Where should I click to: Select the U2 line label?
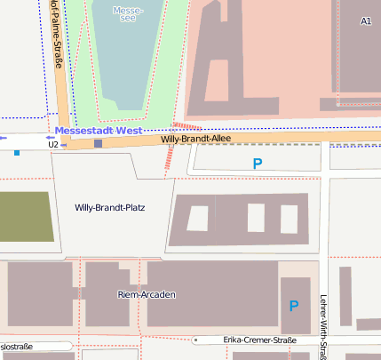(x=53, y=143)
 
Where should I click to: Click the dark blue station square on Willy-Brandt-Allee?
(x=98, y=143)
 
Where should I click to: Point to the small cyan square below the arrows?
(x=16, y=153)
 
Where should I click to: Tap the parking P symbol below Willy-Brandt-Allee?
(x=258, y=163)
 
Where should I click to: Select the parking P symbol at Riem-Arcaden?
(x=293, y=306)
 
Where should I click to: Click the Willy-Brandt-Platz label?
(x=109, y=207)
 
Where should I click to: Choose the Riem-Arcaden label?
(x=147, y=293)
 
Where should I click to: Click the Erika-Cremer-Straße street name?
(x=259, y=340)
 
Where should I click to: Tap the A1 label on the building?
(x=366, y=20)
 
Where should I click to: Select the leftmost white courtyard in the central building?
(x=197, y=218)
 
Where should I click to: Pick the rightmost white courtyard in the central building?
(x=289, y=218)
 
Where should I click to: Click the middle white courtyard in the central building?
(x=256, y=218)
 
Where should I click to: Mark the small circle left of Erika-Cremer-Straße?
(x=194, y=340)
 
